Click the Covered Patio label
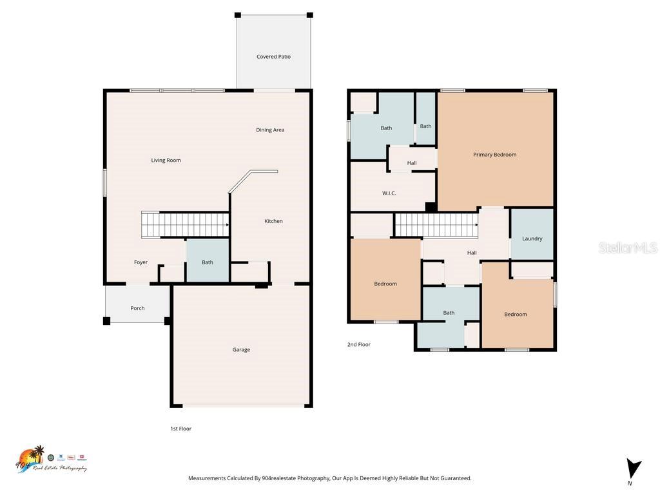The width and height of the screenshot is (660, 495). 273,57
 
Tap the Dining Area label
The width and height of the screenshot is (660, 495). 270,130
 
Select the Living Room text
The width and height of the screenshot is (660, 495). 166,160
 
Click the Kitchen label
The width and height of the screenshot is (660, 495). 273,221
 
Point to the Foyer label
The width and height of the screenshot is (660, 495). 141,262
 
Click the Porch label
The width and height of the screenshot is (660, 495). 137,308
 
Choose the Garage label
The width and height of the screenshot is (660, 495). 241,349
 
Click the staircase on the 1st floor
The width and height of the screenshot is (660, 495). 186,225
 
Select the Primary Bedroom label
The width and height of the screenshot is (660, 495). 494,155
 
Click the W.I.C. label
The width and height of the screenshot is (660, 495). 389,193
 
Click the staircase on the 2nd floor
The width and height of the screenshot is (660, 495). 436,226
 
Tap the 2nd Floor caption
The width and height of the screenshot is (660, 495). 359,344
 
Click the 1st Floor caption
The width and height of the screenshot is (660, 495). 180,429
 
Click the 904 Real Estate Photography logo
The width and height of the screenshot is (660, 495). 50,460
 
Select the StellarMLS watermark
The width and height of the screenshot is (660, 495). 627,247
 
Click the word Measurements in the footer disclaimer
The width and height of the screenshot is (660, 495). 207,478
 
